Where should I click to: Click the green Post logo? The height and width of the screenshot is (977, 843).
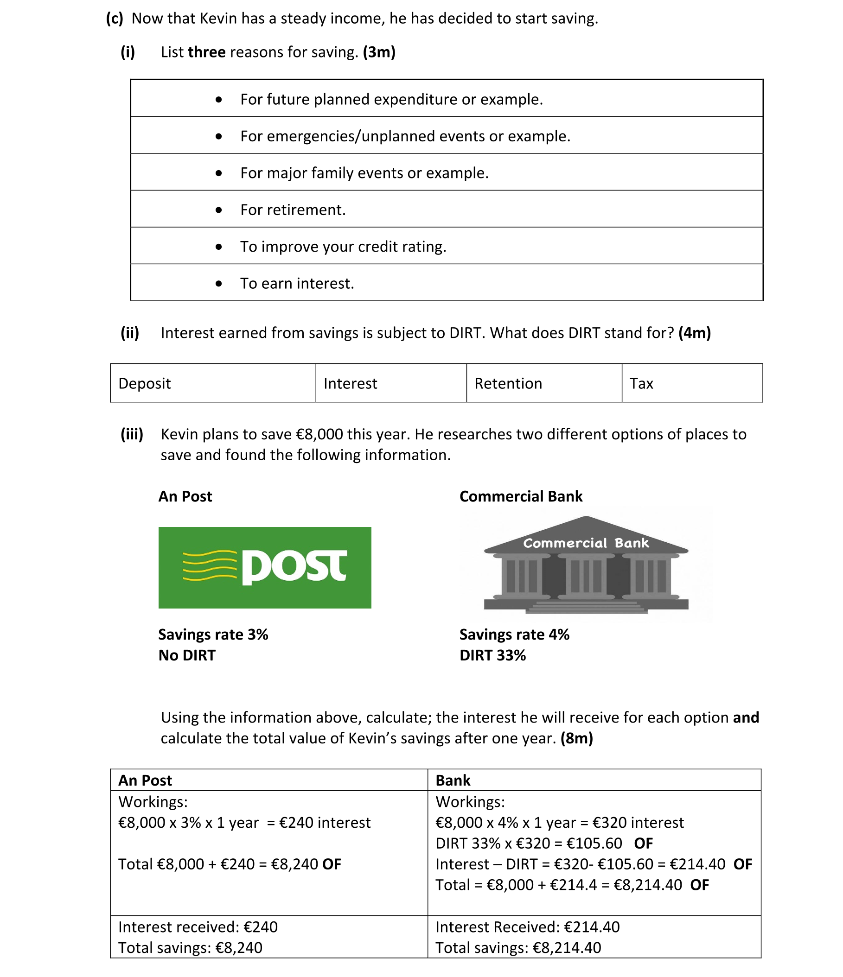pyautogui.click(x=265, y=567)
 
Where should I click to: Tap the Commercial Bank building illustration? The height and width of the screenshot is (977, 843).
pyautogui.click(x=586, y=566)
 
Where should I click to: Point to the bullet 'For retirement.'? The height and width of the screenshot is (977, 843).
pyautogui.click(x=293, y=210)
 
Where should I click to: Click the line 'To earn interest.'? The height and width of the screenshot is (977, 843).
pyautogui.click(x=297, y=283)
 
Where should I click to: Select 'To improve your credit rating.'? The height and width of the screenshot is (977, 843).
pyautogui.click(x=343, y=247)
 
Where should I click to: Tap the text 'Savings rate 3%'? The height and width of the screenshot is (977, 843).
pyautogui.click(x=213, y=634)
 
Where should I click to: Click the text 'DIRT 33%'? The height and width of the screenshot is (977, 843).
pyautogui.click(x=492, y=655)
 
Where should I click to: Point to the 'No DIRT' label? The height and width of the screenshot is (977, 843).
pyautogui.click(x=187, y=655)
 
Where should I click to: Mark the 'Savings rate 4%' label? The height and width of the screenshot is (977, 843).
pyautogui.click(x=514, y=634)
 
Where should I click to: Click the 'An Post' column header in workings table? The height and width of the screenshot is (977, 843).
pyautogui.click(x=145, y=780)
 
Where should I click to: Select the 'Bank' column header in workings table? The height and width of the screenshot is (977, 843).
pyautogui.click(x=453, y=780)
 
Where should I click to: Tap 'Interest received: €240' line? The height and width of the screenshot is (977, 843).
pyautogui.click(x=198, y=927)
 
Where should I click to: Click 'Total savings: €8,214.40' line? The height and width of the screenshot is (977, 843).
pyautogui.click(x=518, y=948)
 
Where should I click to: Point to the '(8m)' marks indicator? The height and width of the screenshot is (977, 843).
pyautogui.click(x=576, y=738)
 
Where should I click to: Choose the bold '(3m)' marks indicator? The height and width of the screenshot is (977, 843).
pyautogui.click(x=379, y=52)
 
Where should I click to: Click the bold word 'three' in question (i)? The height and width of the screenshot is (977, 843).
pyautogui.click(x=207, y=52)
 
